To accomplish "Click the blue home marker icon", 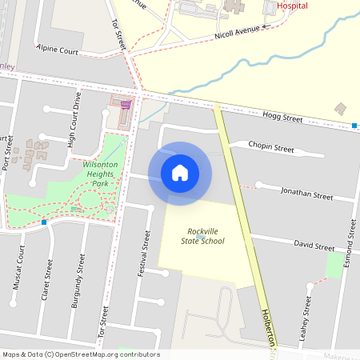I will pyautogui.click(x=180, y=173).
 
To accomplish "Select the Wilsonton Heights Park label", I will pyautogui.click(x=101, y=174).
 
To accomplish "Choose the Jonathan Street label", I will pyautogui.click(x=306, y=194).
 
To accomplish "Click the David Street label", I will pyautogui.click(x=314, y=245).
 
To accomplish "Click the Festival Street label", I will pyautogui.click(x=146, y=254).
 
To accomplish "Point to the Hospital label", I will pyautogui.click(x=292, y=5).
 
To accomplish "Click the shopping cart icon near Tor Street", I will pyautogui.click(x=124, y=102).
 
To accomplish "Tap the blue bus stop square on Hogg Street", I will pyautogui.click(x=354, y=126).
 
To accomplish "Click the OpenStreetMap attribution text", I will pyautogui.click(x=81, y=354).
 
